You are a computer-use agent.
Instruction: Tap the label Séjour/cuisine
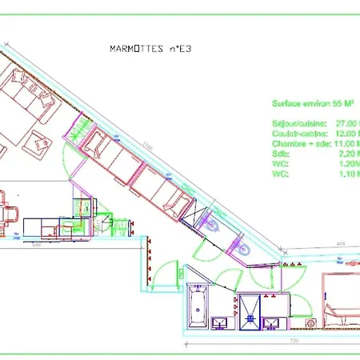coord(297,122)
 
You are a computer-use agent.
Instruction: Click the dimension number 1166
coord(147,145)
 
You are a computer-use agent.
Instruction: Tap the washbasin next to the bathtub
coord(221,323)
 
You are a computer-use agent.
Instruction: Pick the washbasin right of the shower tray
coord(273,322)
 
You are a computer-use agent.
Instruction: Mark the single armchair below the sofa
coord(37,142)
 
